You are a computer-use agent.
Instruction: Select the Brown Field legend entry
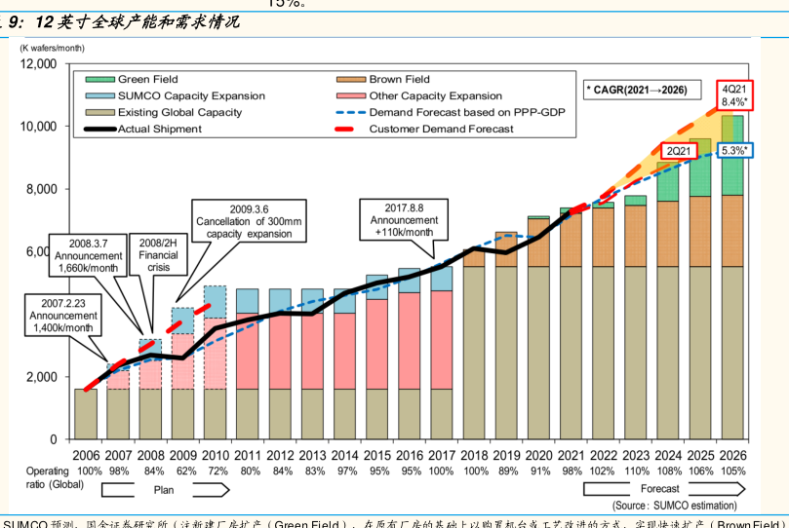(x=399, y=80)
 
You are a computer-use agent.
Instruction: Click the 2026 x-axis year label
(x=731, y=455)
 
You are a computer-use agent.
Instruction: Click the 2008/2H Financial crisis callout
(x=164, y=255)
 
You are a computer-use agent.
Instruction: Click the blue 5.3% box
(x=733, y=150)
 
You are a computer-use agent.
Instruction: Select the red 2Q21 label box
(x=675, y=151)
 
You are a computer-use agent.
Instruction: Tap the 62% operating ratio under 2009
(x=183, y=471)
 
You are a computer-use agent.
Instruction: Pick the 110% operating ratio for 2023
(x=636, y=471)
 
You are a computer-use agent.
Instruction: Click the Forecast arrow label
(x=660, y=489)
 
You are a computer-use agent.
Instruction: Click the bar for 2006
(x=86, y=414)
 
